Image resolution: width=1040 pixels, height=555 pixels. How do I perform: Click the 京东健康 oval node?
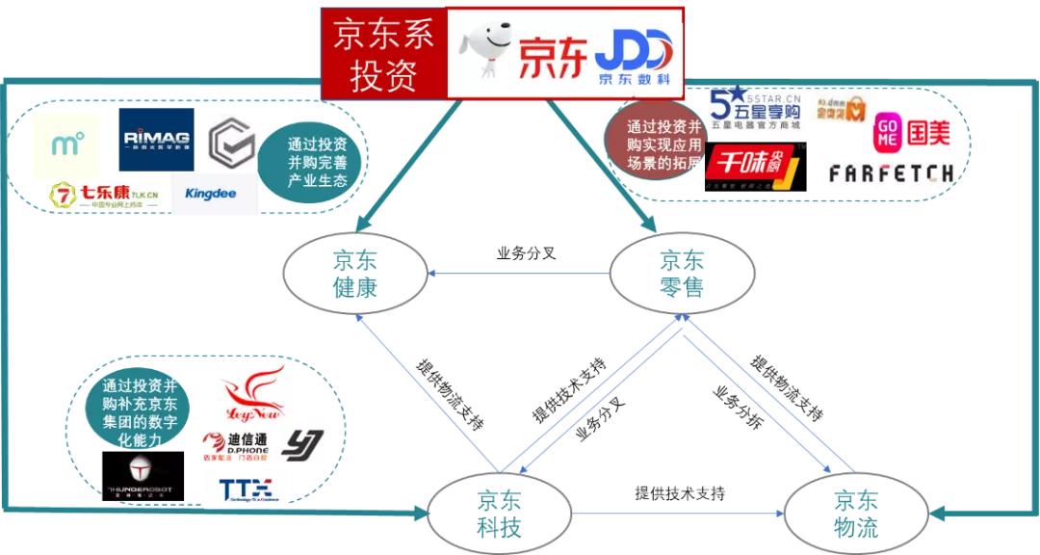click(x=354, y=274)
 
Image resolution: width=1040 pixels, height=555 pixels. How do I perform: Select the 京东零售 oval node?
click(x=681, y=274)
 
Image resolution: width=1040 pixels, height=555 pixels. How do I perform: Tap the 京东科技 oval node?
click(x=499, y=514)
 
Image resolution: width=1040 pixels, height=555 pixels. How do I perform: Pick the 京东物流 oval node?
click(x=855, y=514)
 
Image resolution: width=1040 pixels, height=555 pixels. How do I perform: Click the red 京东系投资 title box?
click(x=383, y=54)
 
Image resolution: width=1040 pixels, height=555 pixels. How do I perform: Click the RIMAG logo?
click(x=156, y=139)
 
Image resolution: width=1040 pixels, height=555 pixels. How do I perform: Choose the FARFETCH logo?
click(x=891, y=173)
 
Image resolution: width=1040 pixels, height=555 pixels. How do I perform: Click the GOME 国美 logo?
click(x=911, y=133)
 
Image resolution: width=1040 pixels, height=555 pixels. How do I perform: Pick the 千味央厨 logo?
click(x=753, y=168)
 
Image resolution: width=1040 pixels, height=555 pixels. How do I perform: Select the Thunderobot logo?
click(x=143, y=476)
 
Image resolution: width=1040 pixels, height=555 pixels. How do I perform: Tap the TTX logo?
click(x=246, y=489)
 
